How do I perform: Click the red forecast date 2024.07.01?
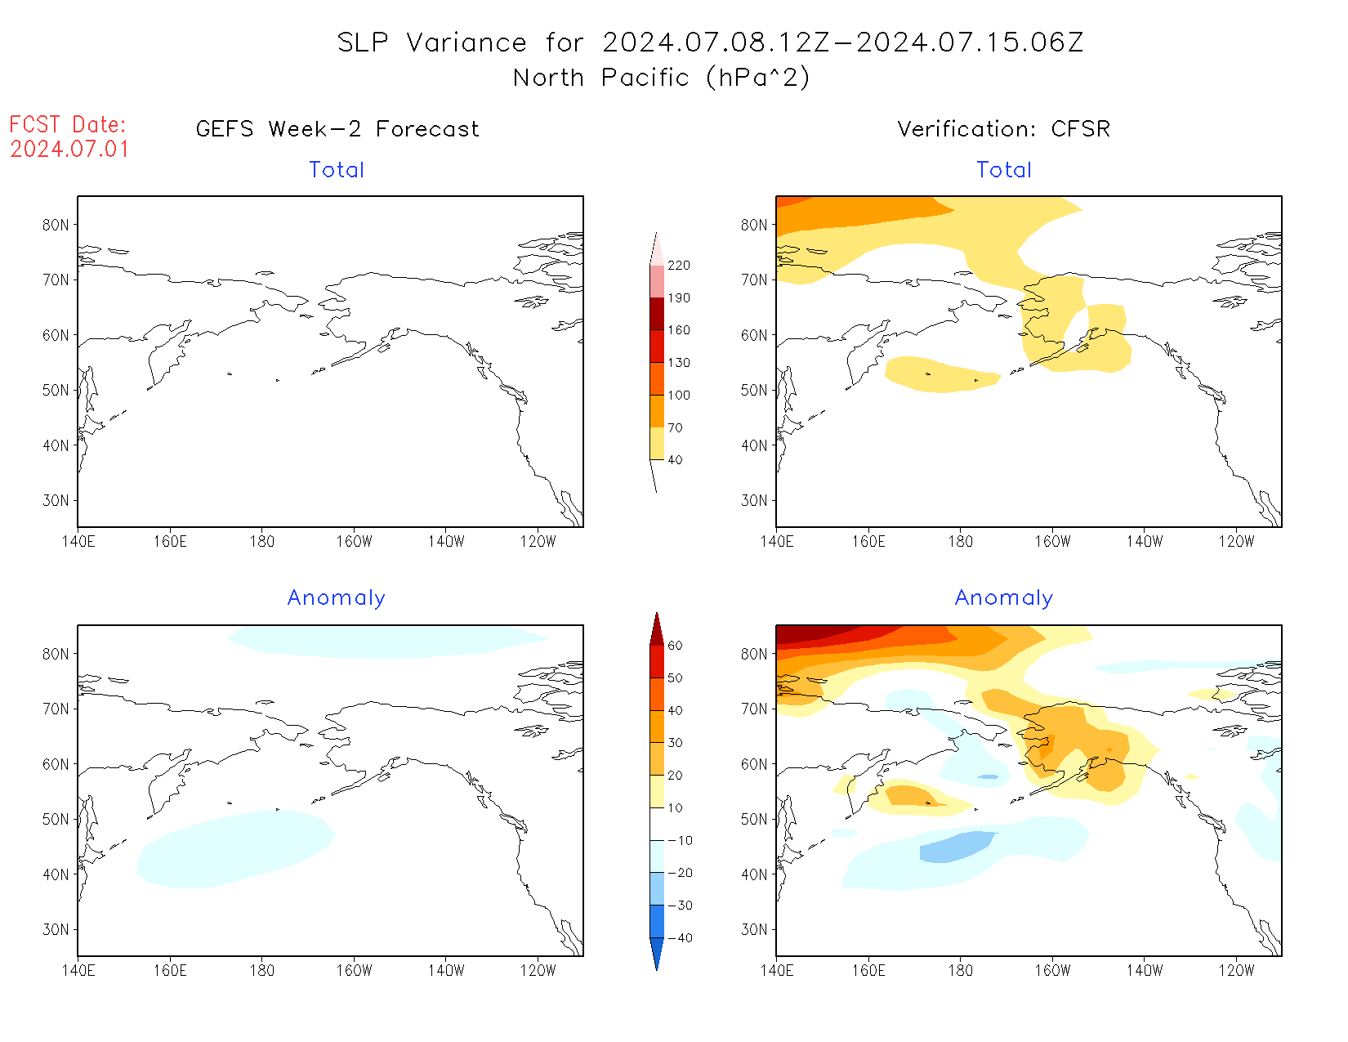coord(69,150)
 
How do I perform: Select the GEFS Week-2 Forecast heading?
coord(337,129)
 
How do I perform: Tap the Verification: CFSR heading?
coord(1003,129)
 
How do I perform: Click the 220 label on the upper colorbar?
coord(678,266)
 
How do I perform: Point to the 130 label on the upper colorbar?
coord(678,363)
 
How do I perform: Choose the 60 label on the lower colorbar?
coord(675,646)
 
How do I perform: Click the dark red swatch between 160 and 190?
coord(657,314)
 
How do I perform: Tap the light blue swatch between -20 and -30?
coord(657,888)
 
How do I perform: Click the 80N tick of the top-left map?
coord(56,225)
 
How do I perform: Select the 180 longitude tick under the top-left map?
coord(262,542)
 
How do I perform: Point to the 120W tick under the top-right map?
coord(1236,542)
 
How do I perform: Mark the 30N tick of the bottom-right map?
coord(754,930)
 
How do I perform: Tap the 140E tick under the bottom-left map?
coord(78,971)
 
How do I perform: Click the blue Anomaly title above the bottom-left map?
coord(336,598)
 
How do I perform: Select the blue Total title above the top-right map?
coord(1004,170)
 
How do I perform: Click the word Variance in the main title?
coord(466,42)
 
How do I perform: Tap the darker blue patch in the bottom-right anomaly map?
coord(956,846)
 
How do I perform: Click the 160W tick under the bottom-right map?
coord(1052,971)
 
